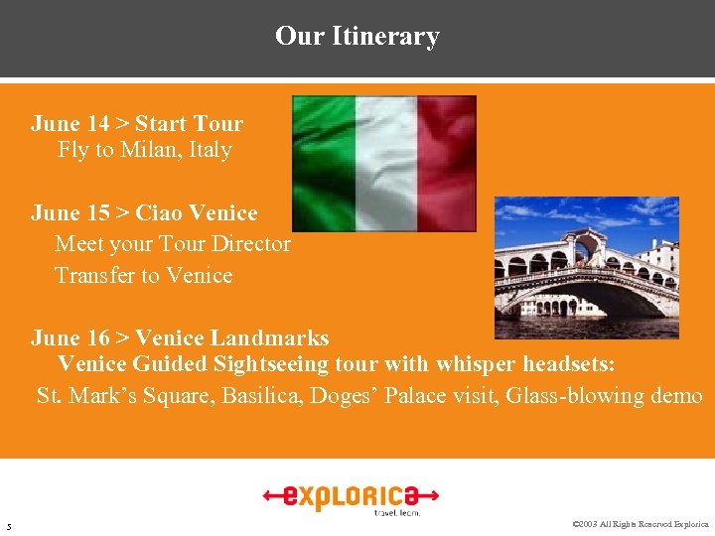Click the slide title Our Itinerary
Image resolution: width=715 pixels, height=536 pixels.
(357, 37)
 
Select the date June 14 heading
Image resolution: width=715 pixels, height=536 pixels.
(70, 124)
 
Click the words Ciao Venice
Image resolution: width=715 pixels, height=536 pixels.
(197, 213)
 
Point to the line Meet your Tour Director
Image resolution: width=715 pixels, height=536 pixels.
(173, 244)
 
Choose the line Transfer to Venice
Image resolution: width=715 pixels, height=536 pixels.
(143, 275)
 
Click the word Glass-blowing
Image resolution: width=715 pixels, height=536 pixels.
(559, 396)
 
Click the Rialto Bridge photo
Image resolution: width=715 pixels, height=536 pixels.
(586, 268)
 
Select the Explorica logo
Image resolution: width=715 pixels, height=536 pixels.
(352, 495)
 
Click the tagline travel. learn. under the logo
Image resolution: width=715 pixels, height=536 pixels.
(396, 512)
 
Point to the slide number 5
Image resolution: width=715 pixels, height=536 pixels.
(8, 525)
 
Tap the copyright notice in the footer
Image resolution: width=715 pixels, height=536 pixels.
(641, 524)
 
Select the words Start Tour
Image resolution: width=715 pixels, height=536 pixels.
(189, 124)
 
